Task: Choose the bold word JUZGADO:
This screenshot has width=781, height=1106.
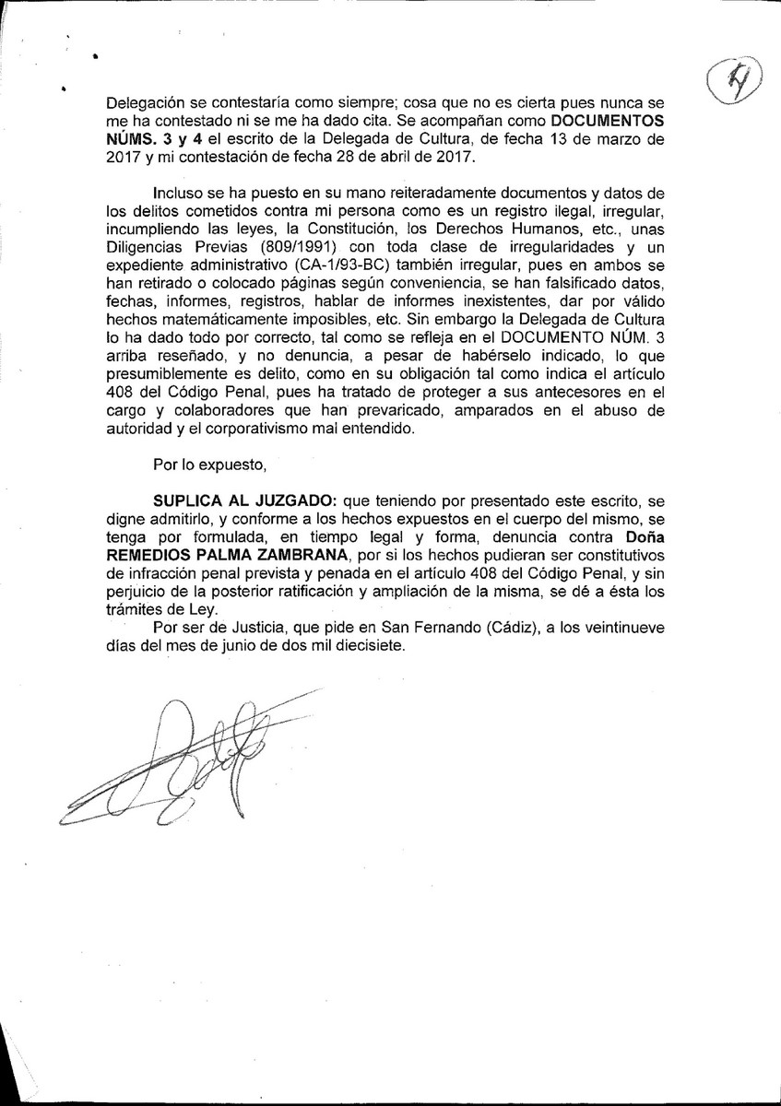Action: point(294,500)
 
